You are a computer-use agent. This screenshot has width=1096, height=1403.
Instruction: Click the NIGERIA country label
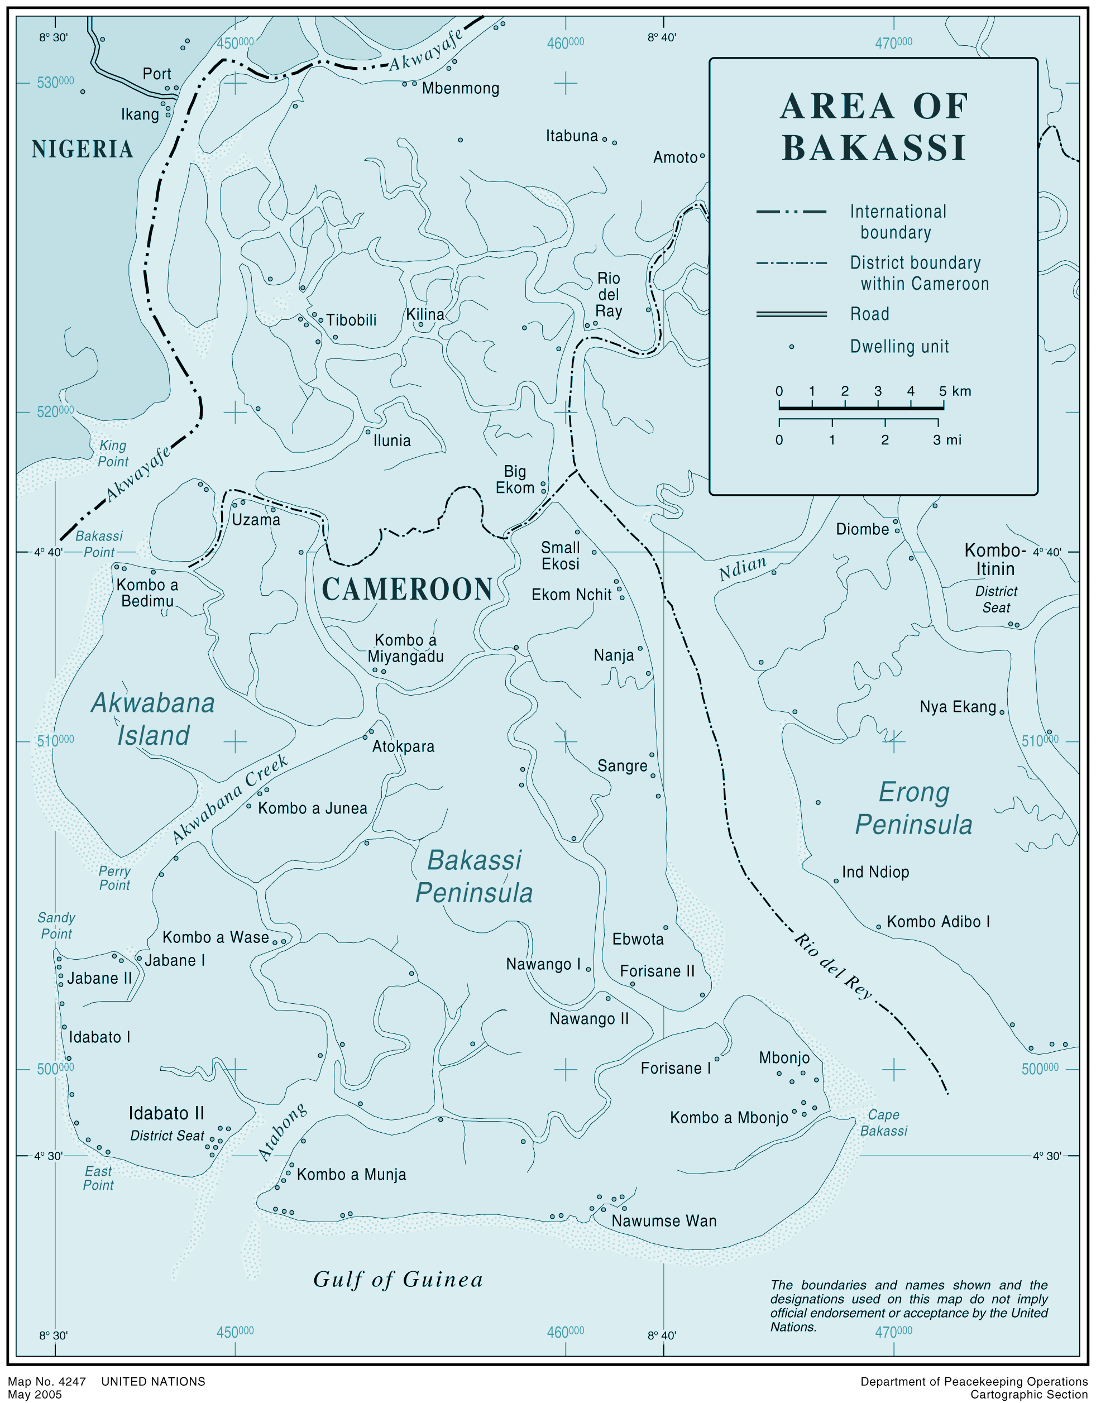click(x=82, y=149)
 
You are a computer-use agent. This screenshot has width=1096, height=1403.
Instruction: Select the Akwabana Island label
click(x=153, y=720)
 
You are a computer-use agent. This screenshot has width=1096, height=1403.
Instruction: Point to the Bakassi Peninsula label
click(x=474, y=877)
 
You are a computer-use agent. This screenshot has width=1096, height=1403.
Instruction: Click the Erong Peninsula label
click(x=913, y=808)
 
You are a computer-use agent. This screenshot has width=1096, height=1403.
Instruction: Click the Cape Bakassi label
click(x=883, y=1122)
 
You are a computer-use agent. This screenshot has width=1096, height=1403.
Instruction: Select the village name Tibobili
click(x=351, y=320)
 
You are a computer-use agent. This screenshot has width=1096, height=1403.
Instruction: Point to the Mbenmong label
click(x=460, y=88)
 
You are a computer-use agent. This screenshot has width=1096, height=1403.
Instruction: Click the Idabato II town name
click(x=166, y=1113)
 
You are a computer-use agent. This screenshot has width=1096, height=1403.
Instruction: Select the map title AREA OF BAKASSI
click(x=873, y=127)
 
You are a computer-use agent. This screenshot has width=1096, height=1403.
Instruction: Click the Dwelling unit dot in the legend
click(x=792, y=347)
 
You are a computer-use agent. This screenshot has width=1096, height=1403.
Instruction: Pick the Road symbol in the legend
click(x=792, y=314)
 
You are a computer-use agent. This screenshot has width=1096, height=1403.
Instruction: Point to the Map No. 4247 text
click(x=46, y=1381)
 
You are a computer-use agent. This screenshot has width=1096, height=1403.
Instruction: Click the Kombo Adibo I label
click(x=938, y=922)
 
